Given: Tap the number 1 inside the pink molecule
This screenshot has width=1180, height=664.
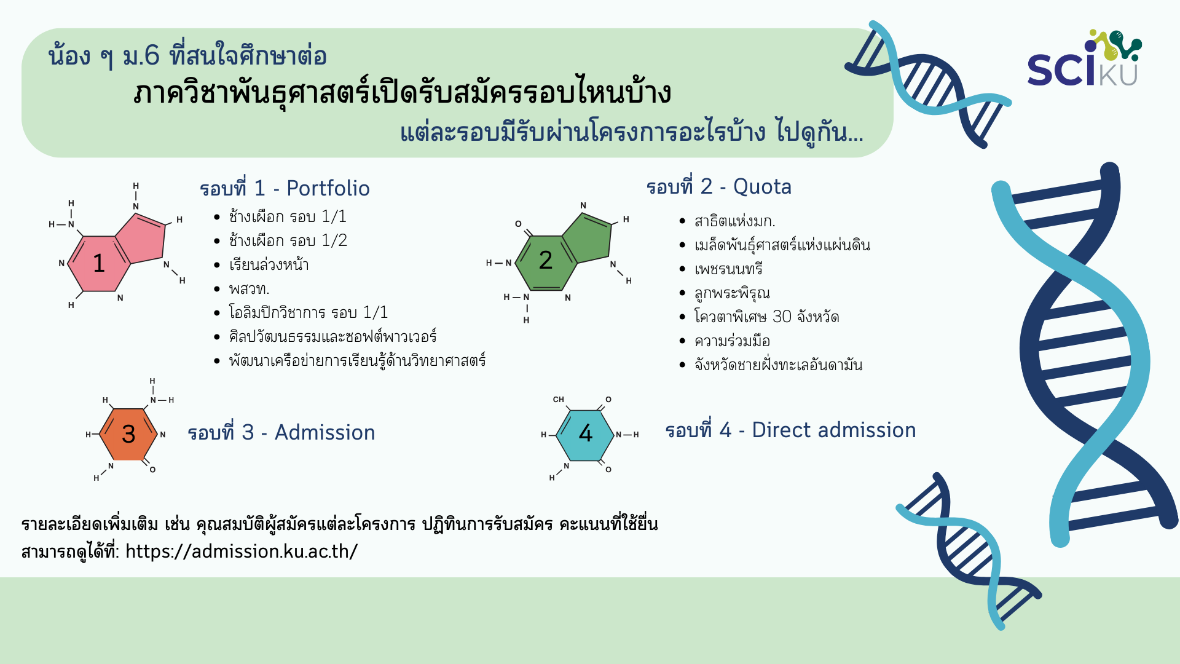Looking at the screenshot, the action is click(99, 263).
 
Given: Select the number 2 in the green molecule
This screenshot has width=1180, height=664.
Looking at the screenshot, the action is click(545, 260).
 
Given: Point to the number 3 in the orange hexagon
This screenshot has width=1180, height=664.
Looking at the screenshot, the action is click(128, 434).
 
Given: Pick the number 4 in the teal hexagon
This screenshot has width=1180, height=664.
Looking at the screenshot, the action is click(586, 433).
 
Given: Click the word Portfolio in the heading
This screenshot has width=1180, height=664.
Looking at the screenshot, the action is click(328, 188).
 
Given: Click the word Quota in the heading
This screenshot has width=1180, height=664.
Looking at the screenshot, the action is click(762, 186).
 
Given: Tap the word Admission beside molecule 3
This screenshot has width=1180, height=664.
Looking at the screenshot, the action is click(324, 432).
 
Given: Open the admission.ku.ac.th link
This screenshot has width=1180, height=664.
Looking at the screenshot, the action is click(242, 551).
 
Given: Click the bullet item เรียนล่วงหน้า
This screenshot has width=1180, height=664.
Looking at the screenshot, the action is click(269, 264).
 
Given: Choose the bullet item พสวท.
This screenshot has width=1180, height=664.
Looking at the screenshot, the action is click(249, 289).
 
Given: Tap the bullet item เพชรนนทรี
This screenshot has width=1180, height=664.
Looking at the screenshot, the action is click(728, 269).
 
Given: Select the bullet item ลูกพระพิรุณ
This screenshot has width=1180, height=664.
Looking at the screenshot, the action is click(732, 293).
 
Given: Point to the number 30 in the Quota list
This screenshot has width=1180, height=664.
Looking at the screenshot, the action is click(782, 317).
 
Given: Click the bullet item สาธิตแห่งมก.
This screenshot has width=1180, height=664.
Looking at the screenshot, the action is click(735, 221).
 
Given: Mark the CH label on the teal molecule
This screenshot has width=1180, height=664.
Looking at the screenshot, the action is click(558, 400).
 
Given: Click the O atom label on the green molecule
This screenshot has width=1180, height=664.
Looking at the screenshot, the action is click(518, 224).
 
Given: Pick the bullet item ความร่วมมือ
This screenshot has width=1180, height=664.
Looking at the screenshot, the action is click(732, 341).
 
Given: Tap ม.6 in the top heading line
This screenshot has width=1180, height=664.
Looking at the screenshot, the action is click(141, 56).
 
